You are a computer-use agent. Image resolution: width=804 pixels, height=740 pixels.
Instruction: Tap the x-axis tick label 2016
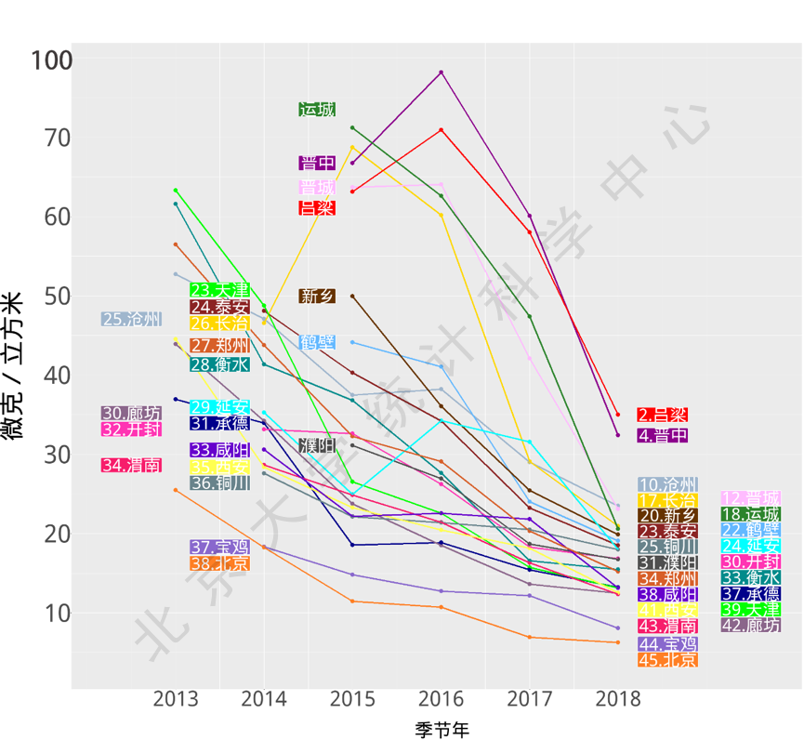coord(442,699)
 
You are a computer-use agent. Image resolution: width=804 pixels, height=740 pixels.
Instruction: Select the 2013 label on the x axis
coord(176,699)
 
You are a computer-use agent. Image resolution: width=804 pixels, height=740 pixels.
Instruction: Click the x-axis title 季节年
coord(441,729)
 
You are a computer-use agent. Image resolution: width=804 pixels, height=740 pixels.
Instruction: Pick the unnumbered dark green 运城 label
coord(317,110)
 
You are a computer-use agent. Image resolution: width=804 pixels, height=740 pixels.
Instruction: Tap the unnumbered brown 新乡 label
coord(317,297)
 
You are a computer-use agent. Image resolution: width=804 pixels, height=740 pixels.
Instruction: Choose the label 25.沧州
coord(131,320)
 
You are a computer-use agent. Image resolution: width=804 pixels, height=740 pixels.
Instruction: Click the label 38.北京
coord(219,563)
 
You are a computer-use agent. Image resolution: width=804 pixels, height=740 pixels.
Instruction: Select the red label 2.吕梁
coord(662,415)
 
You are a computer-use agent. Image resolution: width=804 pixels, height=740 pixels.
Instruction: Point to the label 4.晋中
coord(662,435)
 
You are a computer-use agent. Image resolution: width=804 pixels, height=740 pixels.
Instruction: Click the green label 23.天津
coord(219,290)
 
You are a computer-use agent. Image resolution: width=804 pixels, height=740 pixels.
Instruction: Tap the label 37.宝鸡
coord(219,548)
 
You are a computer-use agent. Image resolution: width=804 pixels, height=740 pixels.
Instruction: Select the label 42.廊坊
coord(751,626)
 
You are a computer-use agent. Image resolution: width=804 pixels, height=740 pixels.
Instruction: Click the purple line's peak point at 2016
coord(442,73)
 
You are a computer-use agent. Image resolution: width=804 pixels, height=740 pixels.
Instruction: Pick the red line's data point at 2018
coord(617,415)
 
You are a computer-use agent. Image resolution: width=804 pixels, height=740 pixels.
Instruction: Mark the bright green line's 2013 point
coord(176,191)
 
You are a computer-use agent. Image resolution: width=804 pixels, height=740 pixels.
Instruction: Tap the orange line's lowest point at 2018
coord(617,642)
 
